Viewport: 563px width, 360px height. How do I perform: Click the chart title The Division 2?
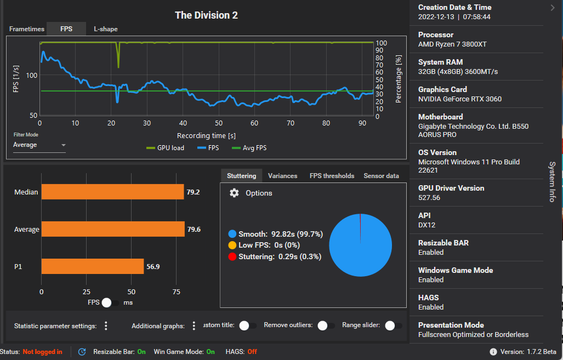(x=206, y=15)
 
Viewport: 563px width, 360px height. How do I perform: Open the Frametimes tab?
(x=26, y=29)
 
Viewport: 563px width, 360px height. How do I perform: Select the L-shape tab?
(x=105, y=29)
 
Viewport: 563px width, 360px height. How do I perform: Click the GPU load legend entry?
(x=165, y=148)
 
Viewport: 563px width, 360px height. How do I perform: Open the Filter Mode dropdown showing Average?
(x=39, y=145)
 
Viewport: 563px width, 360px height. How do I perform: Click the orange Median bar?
(x=112, y=192)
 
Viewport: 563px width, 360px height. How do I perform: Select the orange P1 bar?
(x=92, y=266)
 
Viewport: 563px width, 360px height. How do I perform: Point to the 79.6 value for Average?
(x=194, y=230)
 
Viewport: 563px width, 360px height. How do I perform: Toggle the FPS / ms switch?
(x=110, y=302)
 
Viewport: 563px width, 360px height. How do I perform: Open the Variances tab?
(x=282, y=176)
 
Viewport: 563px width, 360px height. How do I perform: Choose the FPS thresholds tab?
(x=332, y=176)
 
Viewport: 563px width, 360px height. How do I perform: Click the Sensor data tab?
(x=381, y=176)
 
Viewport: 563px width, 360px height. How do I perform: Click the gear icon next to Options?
(x=234, y=193)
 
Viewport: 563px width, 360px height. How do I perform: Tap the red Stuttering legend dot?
(x=232, y=256)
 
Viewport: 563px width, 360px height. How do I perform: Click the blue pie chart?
(x=360, y=245)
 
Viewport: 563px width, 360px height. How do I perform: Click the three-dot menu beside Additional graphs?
(x=194, y=326)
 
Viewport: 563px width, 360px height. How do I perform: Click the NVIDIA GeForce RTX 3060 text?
(x=459, y=99)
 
